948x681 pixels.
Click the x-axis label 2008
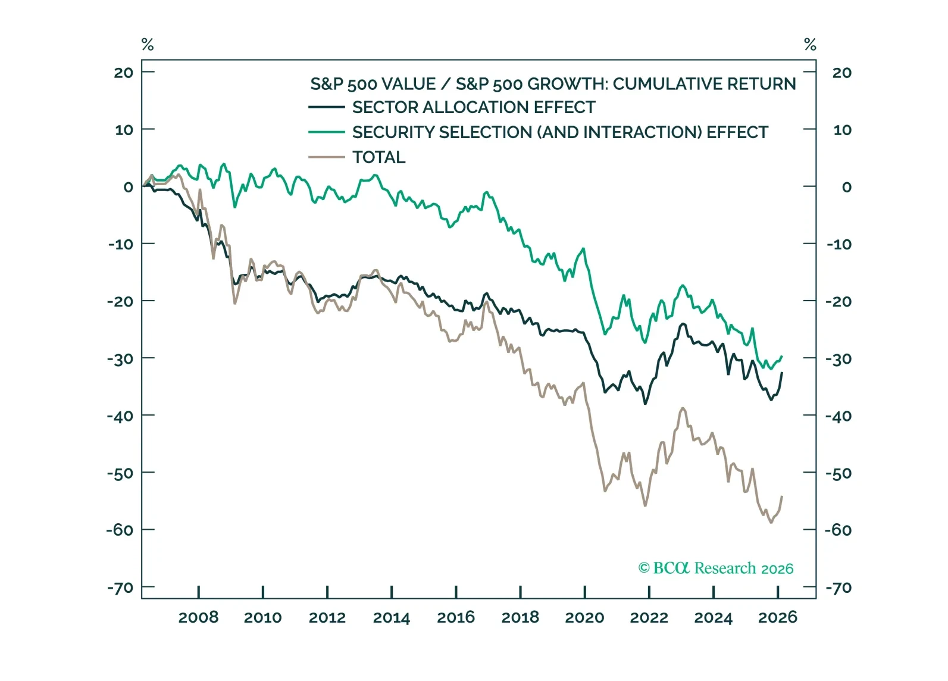[x=198, y=617]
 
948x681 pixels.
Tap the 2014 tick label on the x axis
[x=392, y=617]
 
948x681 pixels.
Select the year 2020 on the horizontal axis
[x=584, y=617]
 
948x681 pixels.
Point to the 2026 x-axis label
[x=777, y=617]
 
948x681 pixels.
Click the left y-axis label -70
[x=120, y=588]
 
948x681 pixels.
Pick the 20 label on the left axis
[x=124, y=73]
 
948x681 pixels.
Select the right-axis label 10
[x=842, y=130]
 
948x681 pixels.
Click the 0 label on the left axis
[x=128, y=187]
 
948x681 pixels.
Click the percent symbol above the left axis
[x=148, y=45]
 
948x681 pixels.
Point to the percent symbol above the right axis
[x=810, y=45]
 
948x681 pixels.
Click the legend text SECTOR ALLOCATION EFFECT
[x=474, y=108]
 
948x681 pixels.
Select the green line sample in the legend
[x=326, y=132]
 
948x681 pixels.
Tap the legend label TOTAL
[x=378, y=158]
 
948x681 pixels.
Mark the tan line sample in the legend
[x=326, y=158]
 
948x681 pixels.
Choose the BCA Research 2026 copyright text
[x=716, y=568]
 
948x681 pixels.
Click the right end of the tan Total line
[x=782, y=496]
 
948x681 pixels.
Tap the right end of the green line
[x=782, y=357]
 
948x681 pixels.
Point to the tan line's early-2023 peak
[x=683, y=408]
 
